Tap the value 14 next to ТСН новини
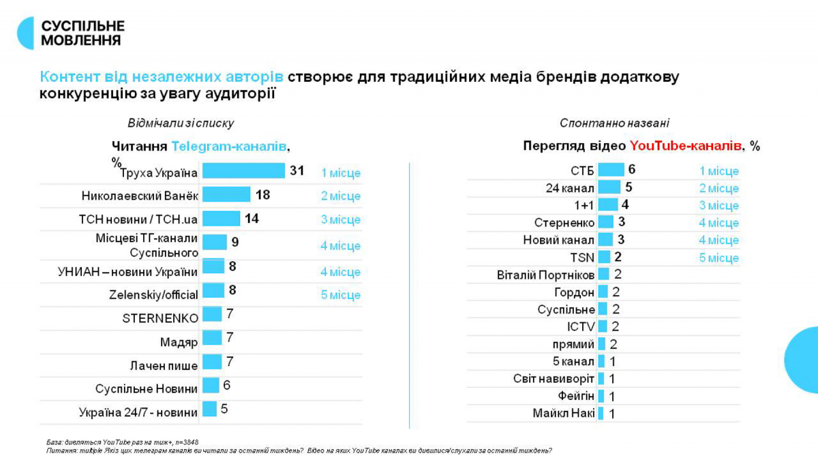(x=252, y=219)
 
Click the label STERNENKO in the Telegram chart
(x=160, y=318)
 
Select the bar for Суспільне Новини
(x=211, y=386)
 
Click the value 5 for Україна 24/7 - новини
(x=224, y=409)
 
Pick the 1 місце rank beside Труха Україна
(x=341, y=173)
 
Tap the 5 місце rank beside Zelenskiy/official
(x=341, y=295)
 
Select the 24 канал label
(x=570, y=188)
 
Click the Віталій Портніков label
(x=545, y=275)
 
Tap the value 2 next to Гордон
(x=616, y=292)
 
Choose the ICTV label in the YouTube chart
(x=581, y=327)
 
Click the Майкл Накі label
(x=564, y=413)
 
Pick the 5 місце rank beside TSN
(x=718, y=258)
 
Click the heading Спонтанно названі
(x=614, y=123)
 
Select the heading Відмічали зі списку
(x=181, y=123)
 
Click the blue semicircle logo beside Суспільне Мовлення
(x=26, y=33)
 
